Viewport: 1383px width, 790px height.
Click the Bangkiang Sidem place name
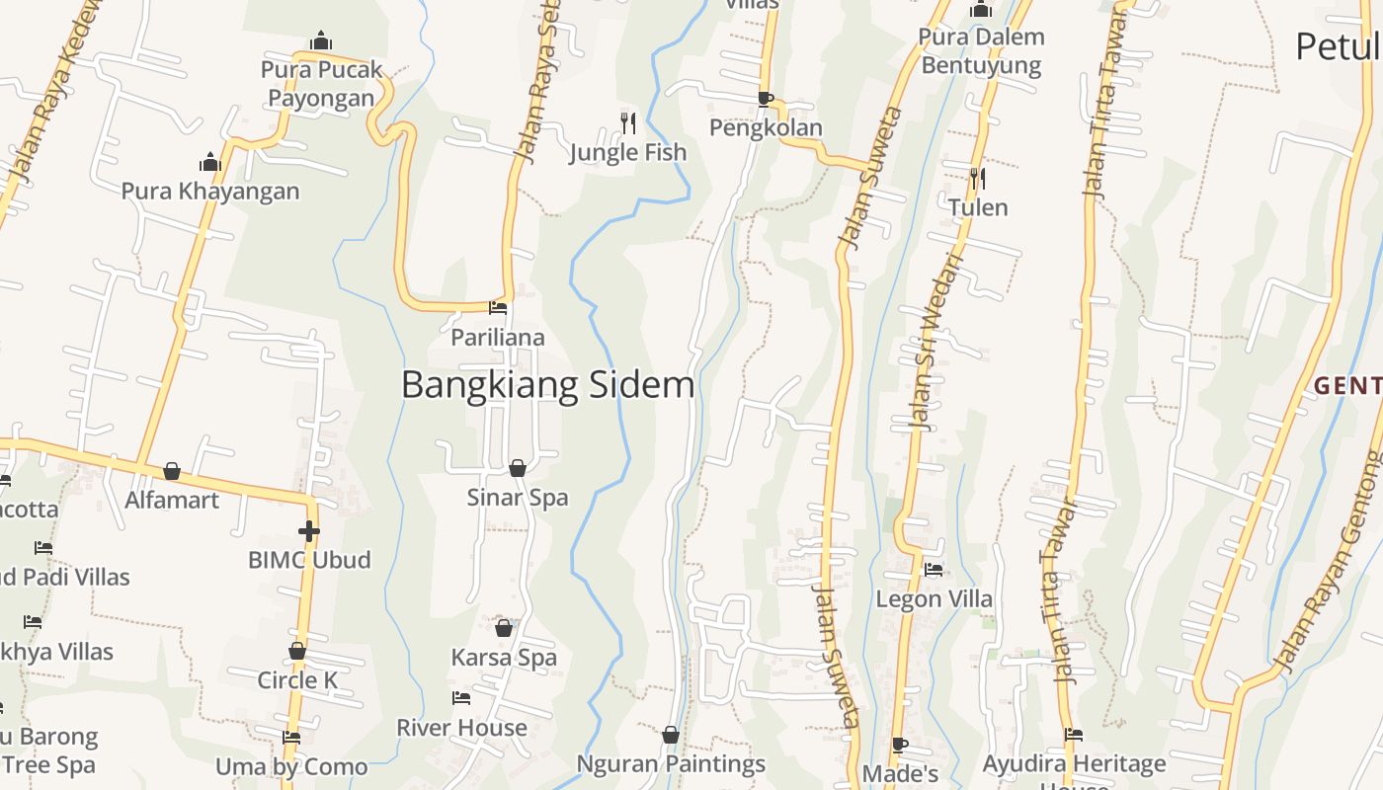pos(547,384)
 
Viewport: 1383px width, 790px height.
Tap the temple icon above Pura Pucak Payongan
pos(321,41)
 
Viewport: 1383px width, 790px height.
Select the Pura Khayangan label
pos(210,191)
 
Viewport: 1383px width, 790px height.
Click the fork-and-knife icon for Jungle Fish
pos(628,122)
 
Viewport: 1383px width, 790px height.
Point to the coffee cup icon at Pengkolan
pos(765,99)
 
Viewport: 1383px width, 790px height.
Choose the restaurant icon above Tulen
pos(978,178)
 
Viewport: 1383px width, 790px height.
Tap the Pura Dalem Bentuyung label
pos(980,51)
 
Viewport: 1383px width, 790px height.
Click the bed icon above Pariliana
pos(498,308)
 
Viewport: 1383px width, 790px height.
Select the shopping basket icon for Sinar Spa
pos(517,467)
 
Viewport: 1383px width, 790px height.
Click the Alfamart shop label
pos(172,500)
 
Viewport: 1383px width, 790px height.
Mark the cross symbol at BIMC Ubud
pos(309,531)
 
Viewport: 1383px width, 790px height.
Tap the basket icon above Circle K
pos(297,651)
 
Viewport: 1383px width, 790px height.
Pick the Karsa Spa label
pos(504,657)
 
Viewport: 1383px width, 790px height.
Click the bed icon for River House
pos(461,698)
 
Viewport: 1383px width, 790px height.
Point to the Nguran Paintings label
pos(671,763)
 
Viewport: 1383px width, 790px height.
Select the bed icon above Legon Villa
pos(934,570)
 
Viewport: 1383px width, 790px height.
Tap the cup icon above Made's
pos(899,744)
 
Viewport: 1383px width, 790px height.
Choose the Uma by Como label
pos(291,766)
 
